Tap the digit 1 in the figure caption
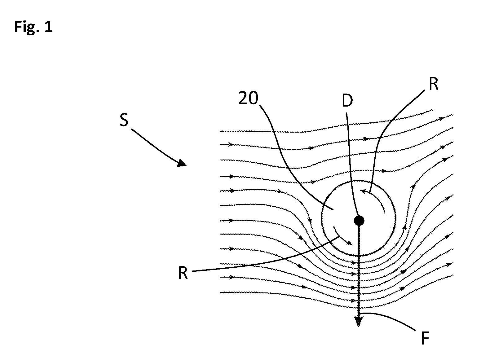[49, 27]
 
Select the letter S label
[124, 120]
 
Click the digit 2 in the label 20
[243, 98]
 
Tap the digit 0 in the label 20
[253, 98]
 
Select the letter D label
[347, 101]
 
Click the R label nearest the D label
[433, 84]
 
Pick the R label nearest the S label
[183, 273]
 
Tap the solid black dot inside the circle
[359, 221]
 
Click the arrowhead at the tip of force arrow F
[358, 321]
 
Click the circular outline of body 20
[322, 218]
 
